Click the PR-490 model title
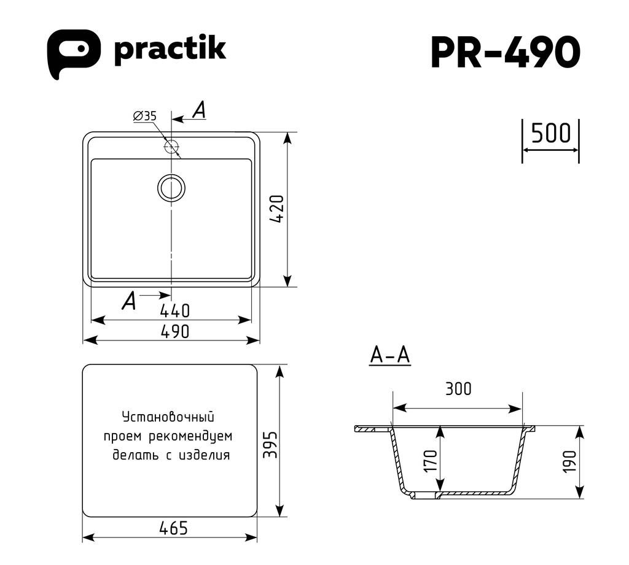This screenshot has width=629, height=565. [x=506, y=53]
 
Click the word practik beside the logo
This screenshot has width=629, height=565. [x=170, y=51]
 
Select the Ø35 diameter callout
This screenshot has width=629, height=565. [x=145, y=116]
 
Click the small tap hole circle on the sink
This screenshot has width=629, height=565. [x=171, y=146]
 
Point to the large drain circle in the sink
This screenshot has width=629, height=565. [x=171, y=188]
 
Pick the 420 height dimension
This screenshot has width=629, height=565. [x=277, y=209]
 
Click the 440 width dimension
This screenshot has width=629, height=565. [x=175, y=310]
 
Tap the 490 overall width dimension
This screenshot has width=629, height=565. [x=175, y=331]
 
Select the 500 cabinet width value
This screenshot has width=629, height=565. [x=550, y=134]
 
